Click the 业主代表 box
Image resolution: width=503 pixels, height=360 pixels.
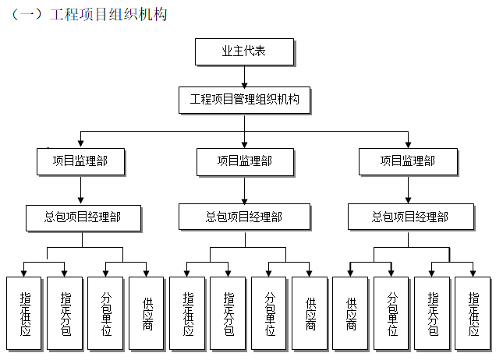[244, 52]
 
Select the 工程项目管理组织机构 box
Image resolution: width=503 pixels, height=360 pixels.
[244, 101]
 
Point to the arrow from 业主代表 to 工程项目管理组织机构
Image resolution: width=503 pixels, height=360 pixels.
[244, 76]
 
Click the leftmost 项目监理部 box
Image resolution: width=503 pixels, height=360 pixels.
[81, 161]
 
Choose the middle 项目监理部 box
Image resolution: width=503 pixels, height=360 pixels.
[244, 161]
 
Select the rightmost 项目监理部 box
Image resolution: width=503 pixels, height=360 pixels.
[407, 161]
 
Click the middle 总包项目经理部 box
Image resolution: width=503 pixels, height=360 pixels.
[244, 217]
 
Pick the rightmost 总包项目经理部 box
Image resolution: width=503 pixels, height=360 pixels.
[410, 217]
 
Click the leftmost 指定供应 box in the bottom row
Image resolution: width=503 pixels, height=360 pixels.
[24, 312]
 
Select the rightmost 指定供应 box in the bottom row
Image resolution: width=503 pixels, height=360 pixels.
[473, 312]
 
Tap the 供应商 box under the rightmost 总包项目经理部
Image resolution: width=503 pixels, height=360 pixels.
[351, 312]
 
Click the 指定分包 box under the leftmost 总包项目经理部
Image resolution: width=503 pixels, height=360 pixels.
[65, 312]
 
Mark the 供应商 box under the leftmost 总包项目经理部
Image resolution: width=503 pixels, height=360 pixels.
[147, 312]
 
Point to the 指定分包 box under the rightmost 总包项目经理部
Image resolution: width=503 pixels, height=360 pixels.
[433, 312]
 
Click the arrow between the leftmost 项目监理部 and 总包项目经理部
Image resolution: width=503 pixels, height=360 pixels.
[81, 189]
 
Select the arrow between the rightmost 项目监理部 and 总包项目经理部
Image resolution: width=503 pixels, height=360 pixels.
[407, 189]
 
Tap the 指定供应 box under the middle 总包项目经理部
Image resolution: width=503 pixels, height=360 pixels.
[188, 312]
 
